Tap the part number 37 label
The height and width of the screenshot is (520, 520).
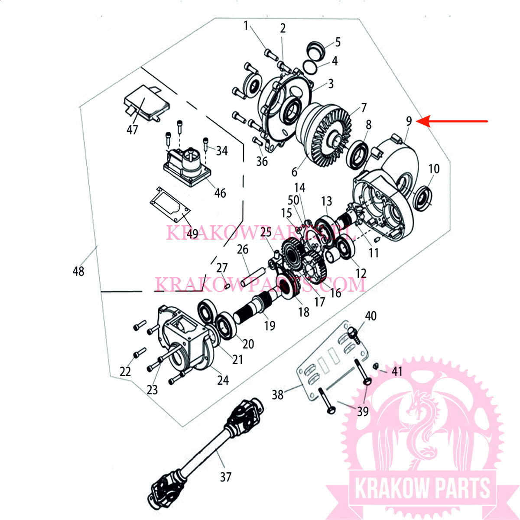tap(225, 477)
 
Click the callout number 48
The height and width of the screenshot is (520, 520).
tap(78, 272)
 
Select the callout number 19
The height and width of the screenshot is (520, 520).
tap(270, 326)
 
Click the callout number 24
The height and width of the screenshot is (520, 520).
tap(223, 380)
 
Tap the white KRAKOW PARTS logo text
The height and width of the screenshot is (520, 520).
tap(422, 488)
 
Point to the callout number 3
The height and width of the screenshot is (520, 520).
tap(331, 84)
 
